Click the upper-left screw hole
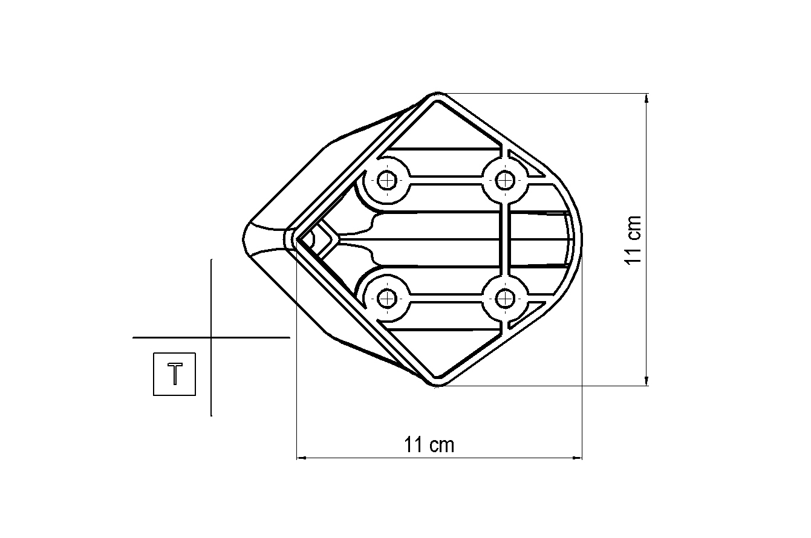tap(387, 180)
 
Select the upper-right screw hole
tap(505, 180)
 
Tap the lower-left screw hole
tap(387, 299)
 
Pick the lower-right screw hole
tap(505, 299)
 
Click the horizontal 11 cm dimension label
tap(429, 445)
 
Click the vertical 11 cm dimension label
tap(633, 240)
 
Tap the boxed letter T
tap(175, 374)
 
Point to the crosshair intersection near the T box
tap(212, 337)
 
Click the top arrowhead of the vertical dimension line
tap(647, 99)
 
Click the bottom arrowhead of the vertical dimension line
tap(647, 381)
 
